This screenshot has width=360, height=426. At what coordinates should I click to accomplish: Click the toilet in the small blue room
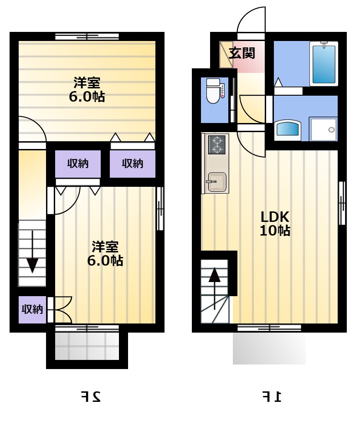pos(213,91)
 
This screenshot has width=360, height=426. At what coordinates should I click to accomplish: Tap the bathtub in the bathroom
pos(324,64)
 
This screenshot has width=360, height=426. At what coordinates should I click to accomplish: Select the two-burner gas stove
pos(217,145)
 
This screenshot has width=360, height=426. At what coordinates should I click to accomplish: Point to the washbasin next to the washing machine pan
pos(288,131)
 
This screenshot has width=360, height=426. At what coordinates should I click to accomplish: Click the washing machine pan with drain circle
pos(324,129)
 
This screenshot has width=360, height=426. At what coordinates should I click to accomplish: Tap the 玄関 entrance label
pos(242,53)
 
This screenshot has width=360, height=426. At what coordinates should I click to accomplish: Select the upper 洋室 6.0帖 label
pos(87,90)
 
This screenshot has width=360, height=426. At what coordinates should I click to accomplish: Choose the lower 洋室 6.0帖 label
pos(105,253)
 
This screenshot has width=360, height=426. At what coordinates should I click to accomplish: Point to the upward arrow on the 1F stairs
pos(215,288)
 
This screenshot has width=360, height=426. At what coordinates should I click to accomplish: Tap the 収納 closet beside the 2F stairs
pos(32,310)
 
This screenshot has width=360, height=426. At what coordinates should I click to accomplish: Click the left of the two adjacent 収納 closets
pos(78,164)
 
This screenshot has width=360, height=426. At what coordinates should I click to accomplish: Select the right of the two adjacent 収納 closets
pos(133,164)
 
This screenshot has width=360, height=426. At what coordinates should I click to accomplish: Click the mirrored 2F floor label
pos(91,397)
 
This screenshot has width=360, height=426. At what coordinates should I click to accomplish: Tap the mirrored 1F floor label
pos(272,397)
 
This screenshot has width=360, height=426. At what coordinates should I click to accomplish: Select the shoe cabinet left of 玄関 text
pos(226,55)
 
